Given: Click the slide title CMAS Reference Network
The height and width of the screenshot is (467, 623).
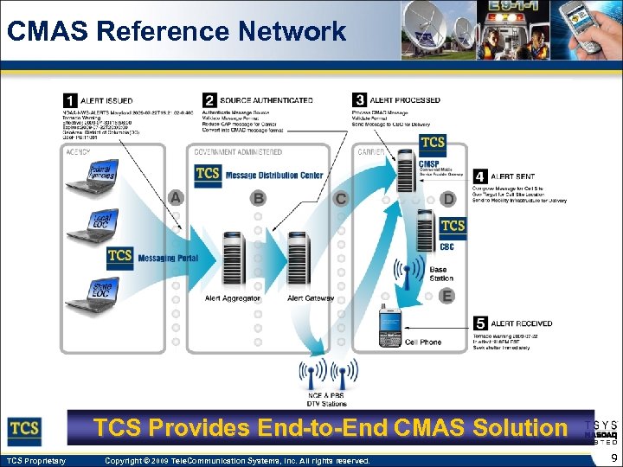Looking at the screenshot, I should tap(176, 31).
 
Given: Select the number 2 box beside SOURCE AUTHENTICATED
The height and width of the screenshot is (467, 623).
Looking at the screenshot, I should tap(209, 101).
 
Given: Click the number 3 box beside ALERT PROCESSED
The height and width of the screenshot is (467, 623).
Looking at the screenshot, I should tap(359, 101).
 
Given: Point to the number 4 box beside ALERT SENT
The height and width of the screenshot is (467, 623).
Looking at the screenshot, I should tap(480, 175).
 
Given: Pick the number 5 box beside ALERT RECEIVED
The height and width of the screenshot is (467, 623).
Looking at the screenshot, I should tap(480, 324).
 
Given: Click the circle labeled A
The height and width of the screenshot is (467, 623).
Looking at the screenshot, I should tap(176, 198).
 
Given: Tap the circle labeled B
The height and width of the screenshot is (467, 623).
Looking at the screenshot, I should tap(258, 198).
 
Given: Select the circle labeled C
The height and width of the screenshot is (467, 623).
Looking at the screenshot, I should tap(341, 198).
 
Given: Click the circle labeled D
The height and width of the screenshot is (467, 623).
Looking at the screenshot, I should tap(447, 199).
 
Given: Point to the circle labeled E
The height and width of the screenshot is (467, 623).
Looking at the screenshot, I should tap(446, 297).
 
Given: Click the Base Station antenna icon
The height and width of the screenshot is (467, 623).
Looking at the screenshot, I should tap(404, 273).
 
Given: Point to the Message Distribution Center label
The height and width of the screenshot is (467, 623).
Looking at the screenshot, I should tap(273, 176).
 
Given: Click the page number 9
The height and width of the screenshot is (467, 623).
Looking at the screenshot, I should tap(612, 459).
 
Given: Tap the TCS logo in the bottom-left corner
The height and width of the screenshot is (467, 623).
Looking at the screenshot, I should tap(25, 428).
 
